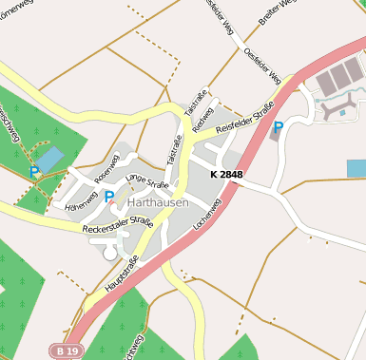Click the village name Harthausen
point(158,203)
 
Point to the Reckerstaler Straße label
point(117,225)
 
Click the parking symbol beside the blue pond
point(34,172)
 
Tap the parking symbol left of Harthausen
point(109,198)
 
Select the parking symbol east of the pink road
point(278,126)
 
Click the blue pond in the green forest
point(49,159)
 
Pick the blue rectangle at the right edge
point(356,168)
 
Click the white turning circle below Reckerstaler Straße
point(109,253)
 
